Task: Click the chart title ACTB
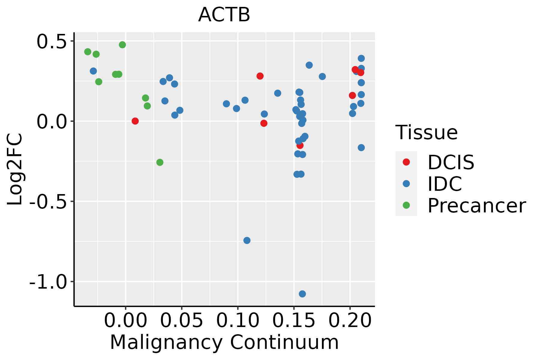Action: (x=224, y=15)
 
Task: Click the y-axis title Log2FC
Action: (x=15, y=169)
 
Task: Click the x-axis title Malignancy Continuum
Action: (x=224, y=343)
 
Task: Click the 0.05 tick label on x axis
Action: (x=181, y=321)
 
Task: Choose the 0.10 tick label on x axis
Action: (x=238, y=321)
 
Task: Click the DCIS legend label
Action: (x=451, y=162)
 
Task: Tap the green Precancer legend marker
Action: (x=406, y=205)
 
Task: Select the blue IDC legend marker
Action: (x=406, y=184)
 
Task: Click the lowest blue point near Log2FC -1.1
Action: (x=302, y=294)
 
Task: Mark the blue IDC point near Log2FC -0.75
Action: (x=247, y=240)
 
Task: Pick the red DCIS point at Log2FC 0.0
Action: (x=135, y=121)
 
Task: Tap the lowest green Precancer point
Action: (x=160, y=162)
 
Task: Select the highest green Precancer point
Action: (x=122, y=45)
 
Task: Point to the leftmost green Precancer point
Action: (x=88, y=52)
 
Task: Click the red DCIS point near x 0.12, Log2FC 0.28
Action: (x=260, y=76)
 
